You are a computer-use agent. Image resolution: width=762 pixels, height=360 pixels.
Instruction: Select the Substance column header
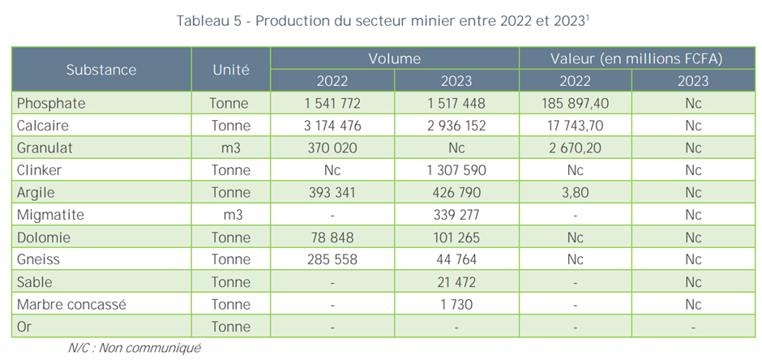[x=101, y=70]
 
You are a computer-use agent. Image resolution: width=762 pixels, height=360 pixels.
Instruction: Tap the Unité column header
[x=230, y=70]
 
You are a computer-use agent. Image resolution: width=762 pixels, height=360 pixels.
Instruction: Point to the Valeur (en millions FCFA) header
[x=636, y=58]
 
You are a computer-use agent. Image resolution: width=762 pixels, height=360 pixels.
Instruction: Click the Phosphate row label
[x=50, y=104]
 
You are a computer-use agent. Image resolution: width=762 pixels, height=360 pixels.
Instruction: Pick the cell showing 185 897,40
[x=572, y=104]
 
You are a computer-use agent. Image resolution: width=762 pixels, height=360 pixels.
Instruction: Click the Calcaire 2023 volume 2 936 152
[x=456, y=126]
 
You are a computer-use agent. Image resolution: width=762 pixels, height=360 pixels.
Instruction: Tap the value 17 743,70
[x=572, y=126]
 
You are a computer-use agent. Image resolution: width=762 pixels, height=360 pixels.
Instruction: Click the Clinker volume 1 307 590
[x=456, y=171]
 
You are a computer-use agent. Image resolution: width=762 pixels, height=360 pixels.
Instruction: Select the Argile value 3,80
[x=572, y=193]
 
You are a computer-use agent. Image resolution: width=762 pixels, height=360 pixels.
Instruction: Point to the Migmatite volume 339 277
[x=456, y=216]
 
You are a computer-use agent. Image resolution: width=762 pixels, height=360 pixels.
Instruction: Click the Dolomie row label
[x=45, y=238]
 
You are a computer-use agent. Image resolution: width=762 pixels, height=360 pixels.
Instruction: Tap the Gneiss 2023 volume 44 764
[x=456, y=260]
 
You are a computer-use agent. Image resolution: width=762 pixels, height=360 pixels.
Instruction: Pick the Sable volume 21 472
[x=456, y=283]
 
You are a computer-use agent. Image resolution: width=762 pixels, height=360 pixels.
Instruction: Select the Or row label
[x=25, y=328]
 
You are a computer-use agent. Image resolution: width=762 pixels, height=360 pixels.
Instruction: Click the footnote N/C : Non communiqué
[x=134, y=348]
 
